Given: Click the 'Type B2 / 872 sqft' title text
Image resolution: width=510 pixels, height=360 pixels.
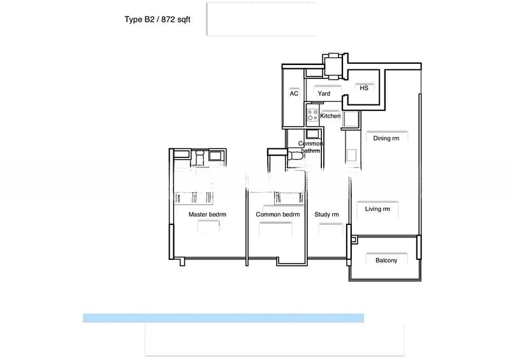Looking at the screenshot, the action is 157,20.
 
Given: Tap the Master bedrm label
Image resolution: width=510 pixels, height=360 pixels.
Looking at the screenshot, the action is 207,215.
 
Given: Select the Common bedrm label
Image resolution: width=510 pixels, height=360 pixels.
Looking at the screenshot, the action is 277,215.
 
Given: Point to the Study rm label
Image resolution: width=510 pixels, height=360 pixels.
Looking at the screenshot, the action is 326,215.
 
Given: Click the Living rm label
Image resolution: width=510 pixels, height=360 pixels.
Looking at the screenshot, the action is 377,209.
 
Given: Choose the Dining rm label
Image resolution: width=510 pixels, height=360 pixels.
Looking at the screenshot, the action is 386,138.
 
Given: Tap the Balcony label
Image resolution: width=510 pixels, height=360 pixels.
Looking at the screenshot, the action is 386,261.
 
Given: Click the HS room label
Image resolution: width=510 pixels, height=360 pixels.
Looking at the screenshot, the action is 364,88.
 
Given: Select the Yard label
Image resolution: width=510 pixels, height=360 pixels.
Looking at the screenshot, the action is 324,94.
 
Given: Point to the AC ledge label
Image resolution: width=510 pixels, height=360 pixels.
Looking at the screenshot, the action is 294,94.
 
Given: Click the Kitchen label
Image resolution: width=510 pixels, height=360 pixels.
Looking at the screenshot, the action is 330,116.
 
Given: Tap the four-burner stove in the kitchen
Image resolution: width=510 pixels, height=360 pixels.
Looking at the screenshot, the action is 312,115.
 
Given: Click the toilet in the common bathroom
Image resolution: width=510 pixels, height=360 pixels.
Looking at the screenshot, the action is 295,155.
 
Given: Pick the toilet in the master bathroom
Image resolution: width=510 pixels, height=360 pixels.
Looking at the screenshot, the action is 200,157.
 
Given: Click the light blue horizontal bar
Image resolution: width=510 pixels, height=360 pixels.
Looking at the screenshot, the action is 224,318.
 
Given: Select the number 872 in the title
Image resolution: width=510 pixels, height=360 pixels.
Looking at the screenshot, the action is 168,20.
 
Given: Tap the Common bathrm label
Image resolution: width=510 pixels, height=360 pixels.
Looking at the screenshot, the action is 310,147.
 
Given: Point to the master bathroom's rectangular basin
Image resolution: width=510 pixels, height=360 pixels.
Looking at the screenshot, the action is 215,155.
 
